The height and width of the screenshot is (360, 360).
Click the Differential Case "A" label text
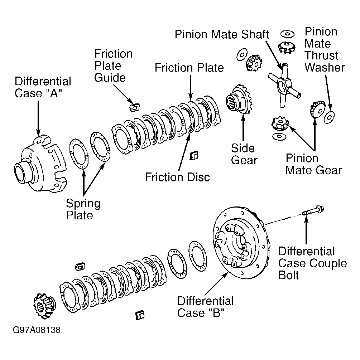point(43,87)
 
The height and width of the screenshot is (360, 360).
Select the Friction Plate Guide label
point(113,65)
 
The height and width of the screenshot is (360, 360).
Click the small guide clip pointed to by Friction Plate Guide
point(134,107)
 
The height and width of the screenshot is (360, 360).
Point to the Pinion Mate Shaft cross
point(284,86)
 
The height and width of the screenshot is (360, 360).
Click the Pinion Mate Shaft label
point(222,34)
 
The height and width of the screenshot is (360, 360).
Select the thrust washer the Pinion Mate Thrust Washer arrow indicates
point(329,117)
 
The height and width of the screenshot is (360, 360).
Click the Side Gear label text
point(244,154)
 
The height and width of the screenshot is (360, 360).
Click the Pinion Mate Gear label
point(313,164)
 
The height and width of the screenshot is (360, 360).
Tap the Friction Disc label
point(177,177)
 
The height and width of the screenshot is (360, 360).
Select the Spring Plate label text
point(83,209)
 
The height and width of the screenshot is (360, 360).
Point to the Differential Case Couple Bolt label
point(312,263)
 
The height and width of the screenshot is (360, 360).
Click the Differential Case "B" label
point(205,307)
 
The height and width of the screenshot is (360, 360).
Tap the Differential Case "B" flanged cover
point(241,243)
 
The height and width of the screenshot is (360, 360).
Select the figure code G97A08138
point(37,330)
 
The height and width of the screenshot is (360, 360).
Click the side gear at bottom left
point(44,306)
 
